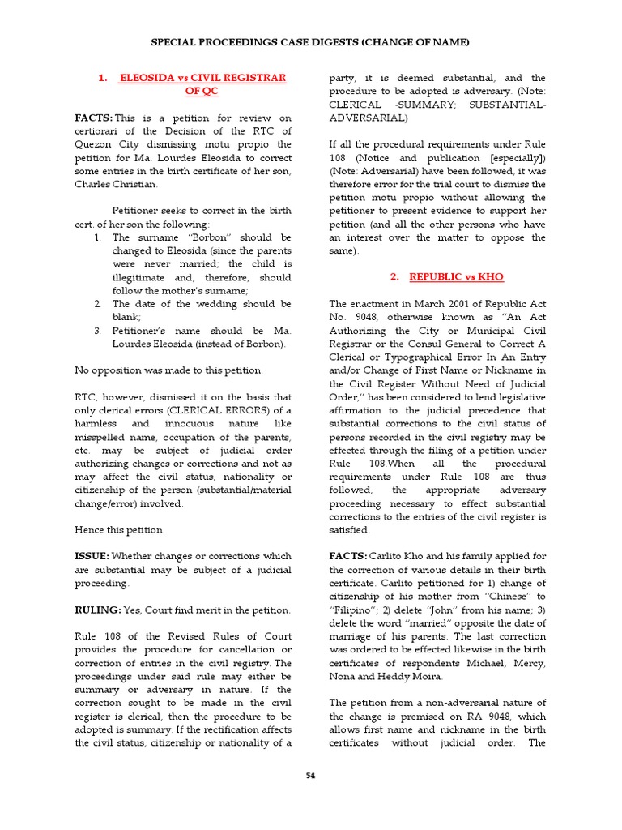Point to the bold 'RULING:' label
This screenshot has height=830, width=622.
coord(98,610)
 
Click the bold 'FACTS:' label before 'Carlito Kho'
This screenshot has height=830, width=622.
coord(347,556)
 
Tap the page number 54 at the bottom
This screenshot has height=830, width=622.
coord(310,775)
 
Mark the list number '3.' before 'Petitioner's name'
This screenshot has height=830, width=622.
coord(96,331)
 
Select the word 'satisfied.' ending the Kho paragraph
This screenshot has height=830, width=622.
coord(349,530)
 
